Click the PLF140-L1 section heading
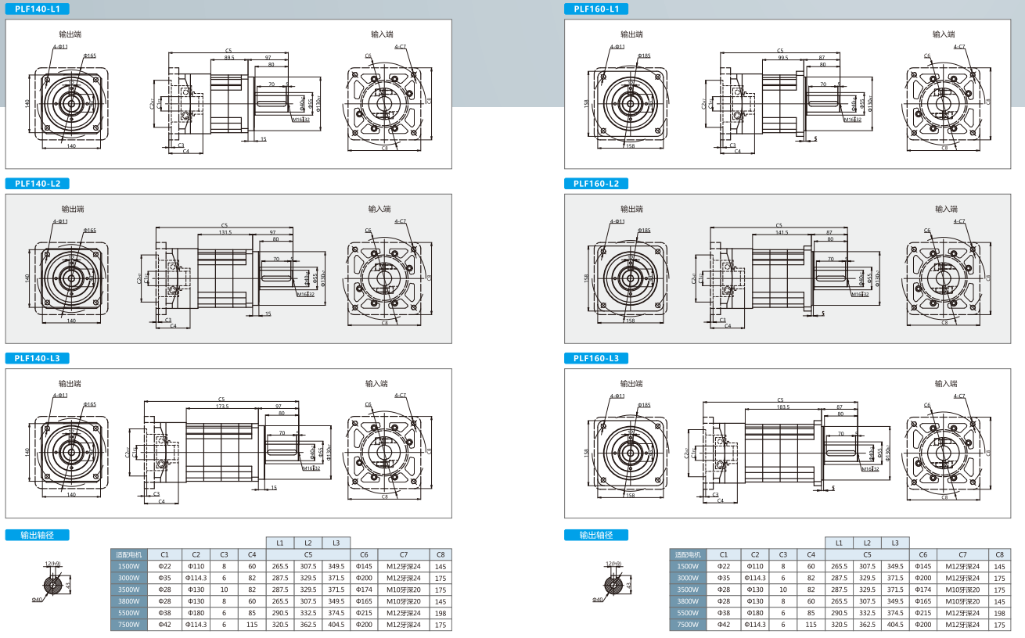[38, 9]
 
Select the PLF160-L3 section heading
[595, 358]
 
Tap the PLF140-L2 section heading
[38, 184]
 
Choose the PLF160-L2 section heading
[595, 184]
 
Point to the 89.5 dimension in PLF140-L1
[229, 58]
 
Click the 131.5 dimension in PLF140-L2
[225, 232]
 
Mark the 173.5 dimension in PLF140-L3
[222, 407]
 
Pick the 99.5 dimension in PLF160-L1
[782, 58]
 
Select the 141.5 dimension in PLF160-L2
[782, 232]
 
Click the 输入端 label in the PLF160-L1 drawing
[943, 34]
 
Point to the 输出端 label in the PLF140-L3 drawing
[70, 384]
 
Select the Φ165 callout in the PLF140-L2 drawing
[89, 231]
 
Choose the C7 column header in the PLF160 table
[962, 554]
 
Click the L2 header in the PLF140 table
[307, 543]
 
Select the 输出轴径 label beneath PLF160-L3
[595, 536]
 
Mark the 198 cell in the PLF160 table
[999, 613]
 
